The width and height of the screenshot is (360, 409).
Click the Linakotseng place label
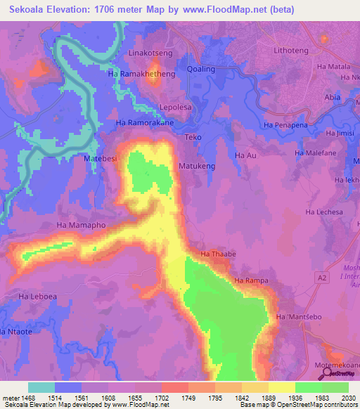(150, 53)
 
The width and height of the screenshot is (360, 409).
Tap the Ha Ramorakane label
(144, 122)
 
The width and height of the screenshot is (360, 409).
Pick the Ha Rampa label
(252, 281)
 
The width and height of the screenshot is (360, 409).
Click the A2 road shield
(323, 278)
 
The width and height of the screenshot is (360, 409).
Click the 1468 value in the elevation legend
(26, 397)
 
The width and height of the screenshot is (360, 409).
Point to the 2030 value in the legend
(347, 397)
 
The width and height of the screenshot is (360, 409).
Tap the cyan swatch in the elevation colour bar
(41, 387)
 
